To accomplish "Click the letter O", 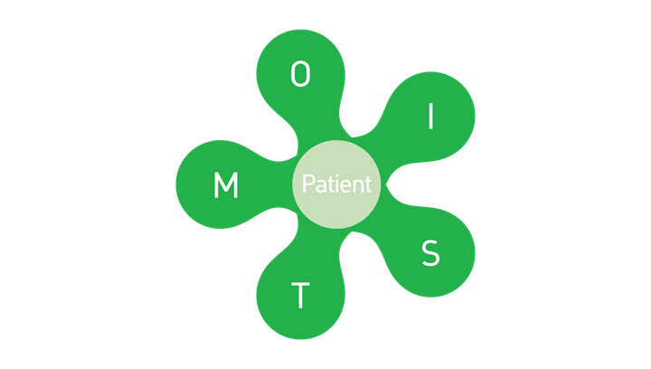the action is pyautogui.click(x=300, y=74).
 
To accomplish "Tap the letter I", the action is pyautogui.click(x=431, y=117).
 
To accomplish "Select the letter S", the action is pyautogui.click(x=430, y=252).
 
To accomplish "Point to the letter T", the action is pyautogui.click(x=300, y=296).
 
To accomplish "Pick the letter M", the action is pyautogui.click(x=226, y=184).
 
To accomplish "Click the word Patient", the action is pyautogui.click(x=336, y=184).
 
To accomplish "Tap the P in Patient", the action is pyautogui.click(x=308, y=184).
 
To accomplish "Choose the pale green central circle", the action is pyautogui.click(x=336, y=184).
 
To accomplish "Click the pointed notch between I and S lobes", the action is pyautogui.click(x=387, y=184).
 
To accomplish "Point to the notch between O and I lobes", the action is pyautogui.click(x=352, y=137).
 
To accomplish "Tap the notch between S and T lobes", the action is pyautogui.click(x=352, y=232).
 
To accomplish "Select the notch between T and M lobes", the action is pyautogui.click(x=297, y=213).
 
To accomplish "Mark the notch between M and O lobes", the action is pyautogui.click(x=297, y=156).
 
